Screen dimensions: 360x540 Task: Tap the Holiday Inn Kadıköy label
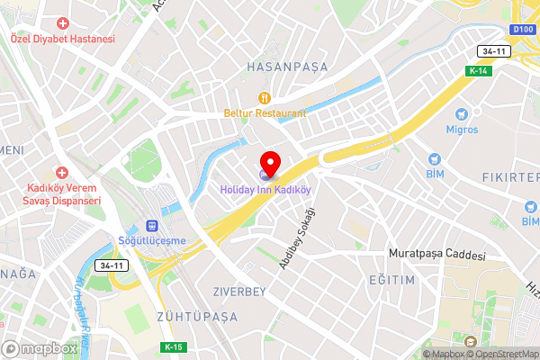click(x=266, y=190)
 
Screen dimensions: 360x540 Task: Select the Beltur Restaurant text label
click(x=265, y=113)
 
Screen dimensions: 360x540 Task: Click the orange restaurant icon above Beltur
click(x=265, y=97)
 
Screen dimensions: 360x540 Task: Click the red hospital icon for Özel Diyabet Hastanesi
click(x=63, y=23)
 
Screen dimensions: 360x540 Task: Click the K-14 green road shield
click(x=478, y=71)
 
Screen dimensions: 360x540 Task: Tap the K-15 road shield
click(x=175, y=347)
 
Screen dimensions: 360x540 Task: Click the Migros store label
click(x=463, y=129)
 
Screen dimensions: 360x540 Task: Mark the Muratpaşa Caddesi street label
click(x=436, y=256)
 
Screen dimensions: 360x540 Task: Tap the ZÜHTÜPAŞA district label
click(x=197, y=317)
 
